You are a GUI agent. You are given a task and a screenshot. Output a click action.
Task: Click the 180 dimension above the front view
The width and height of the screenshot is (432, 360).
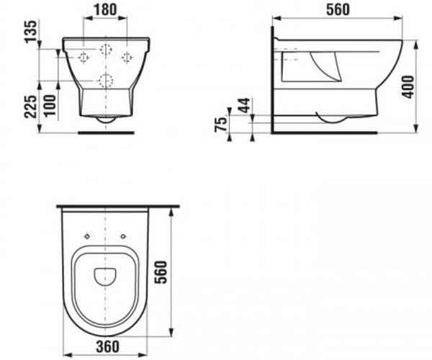[106, 11]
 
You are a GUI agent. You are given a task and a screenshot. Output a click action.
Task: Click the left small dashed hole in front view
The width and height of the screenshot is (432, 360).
[83, 57]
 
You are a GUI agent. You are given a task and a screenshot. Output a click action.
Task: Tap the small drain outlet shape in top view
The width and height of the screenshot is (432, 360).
[106, 274]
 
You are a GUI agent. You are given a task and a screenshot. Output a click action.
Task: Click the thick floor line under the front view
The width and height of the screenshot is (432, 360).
[106, 132]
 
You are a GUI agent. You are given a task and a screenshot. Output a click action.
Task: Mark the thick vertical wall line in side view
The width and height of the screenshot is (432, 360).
[273, 83]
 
